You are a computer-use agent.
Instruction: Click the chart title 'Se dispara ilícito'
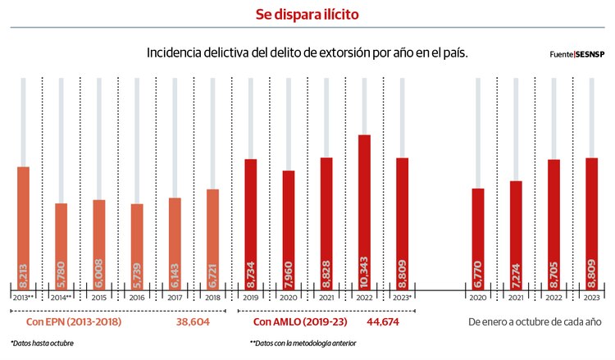pyautogui.click(x=307, y=14)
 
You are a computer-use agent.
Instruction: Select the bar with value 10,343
pyautogui.click(x=364, y=209)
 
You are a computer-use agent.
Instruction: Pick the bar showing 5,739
pyautogui.click(x=137, y=243)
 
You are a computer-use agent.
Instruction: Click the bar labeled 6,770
pyautogui.click(x=478, y=235)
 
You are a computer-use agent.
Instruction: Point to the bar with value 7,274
pyautogui.click(x=516, y=231)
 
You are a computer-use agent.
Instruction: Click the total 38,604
pyautogui.click(x=193, y=322)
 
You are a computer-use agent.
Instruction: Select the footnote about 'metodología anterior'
pyautogui.click(x=303, y=344)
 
